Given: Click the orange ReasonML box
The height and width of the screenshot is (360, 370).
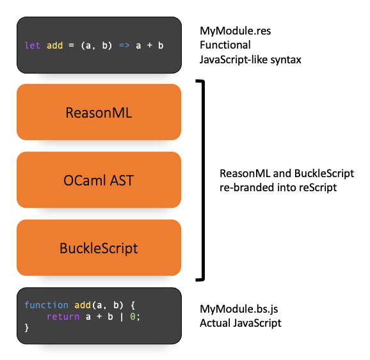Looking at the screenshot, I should [99, 113].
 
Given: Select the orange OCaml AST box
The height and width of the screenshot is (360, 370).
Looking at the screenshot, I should [99, 180].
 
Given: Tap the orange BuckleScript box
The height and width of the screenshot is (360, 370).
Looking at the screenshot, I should [99, 248].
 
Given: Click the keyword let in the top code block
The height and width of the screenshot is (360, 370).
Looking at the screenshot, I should [31, 46].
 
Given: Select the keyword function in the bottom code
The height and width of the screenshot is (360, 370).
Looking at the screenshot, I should [47, 305].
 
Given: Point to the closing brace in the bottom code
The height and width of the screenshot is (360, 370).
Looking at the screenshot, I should [27, 328].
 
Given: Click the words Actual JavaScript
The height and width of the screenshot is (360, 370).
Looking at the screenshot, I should [241, 323].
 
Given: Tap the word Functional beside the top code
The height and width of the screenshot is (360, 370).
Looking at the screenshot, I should [225, 45].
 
